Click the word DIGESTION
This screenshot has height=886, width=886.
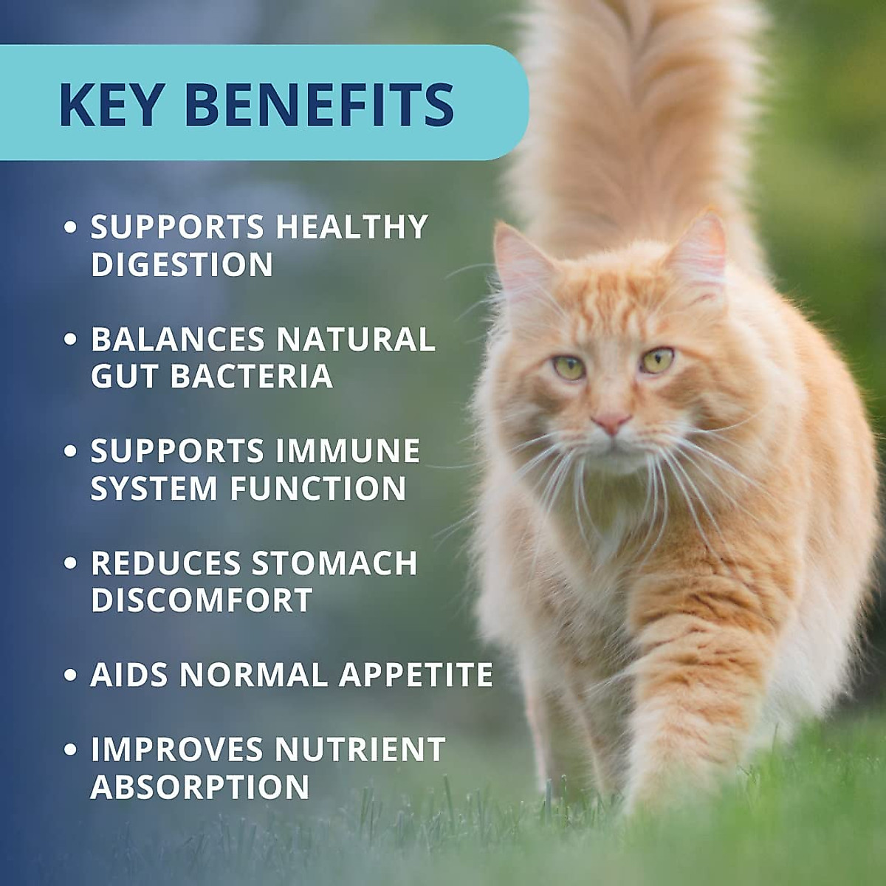[182, 265]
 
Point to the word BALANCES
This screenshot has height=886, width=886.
[178, 340]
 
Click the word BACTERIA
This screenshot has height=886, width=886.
[252, 377]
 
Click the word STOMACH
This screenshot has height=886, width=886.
[334, 563]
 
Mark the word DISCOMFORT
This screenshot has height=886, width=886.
[202, 600]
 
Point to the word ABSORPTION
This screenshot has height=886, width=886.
[199, 787]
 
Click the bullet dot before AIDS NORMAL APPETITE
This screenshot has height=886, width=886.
[70, 675]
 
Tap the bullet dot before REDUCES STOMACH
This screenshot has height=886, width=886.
[70, 563]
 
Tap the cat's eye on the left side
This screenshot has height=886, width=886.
[569, 366]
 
